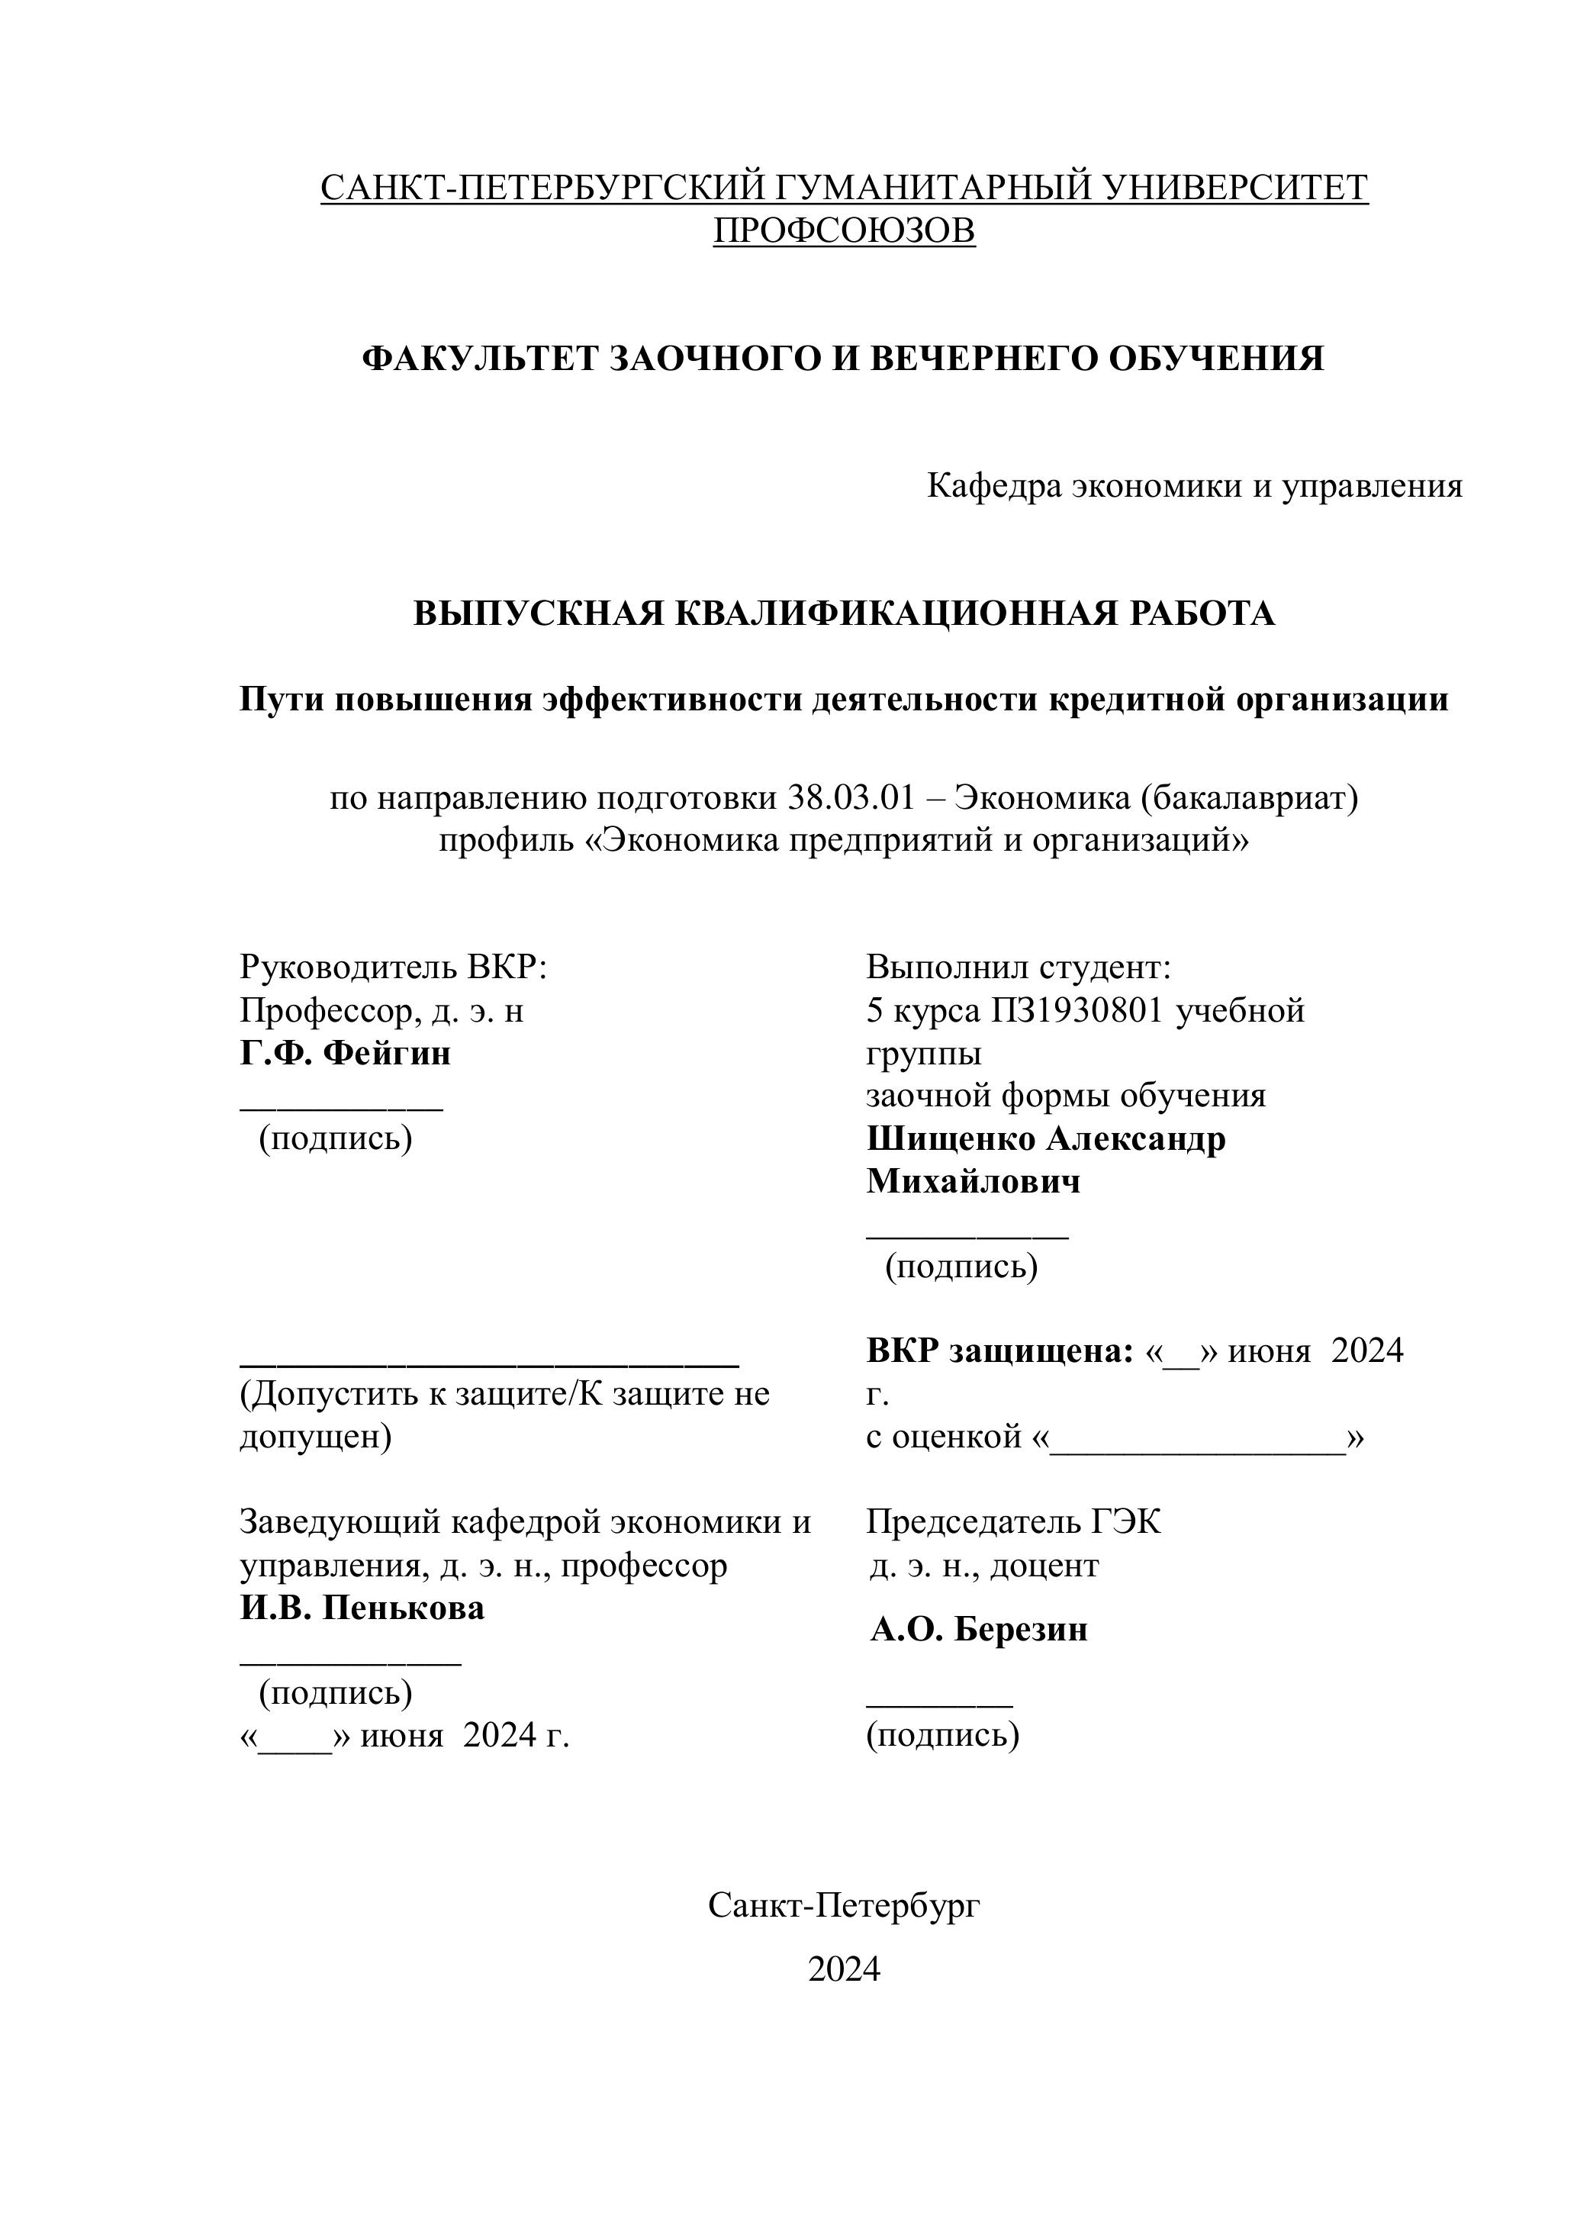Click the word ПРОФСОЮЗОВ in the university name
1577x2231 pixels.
[x=843, y=230]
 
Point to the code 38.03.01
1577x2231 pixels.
[x=851, y=798]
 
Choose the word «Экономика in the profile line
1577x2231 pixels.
[x=681, y=839]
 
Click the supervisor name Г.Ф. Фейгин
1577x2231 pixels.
[x=345, y=1053]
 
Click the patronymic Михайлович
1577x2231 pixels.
[x=973, y=1182]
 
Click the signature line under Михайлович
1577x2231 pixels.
[x=967, y=1235]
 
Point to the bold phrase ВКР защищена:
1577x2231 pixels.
[x=1000, y=1351]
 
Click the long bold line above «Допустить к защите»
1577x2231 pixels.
[x=489, y=1364]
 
